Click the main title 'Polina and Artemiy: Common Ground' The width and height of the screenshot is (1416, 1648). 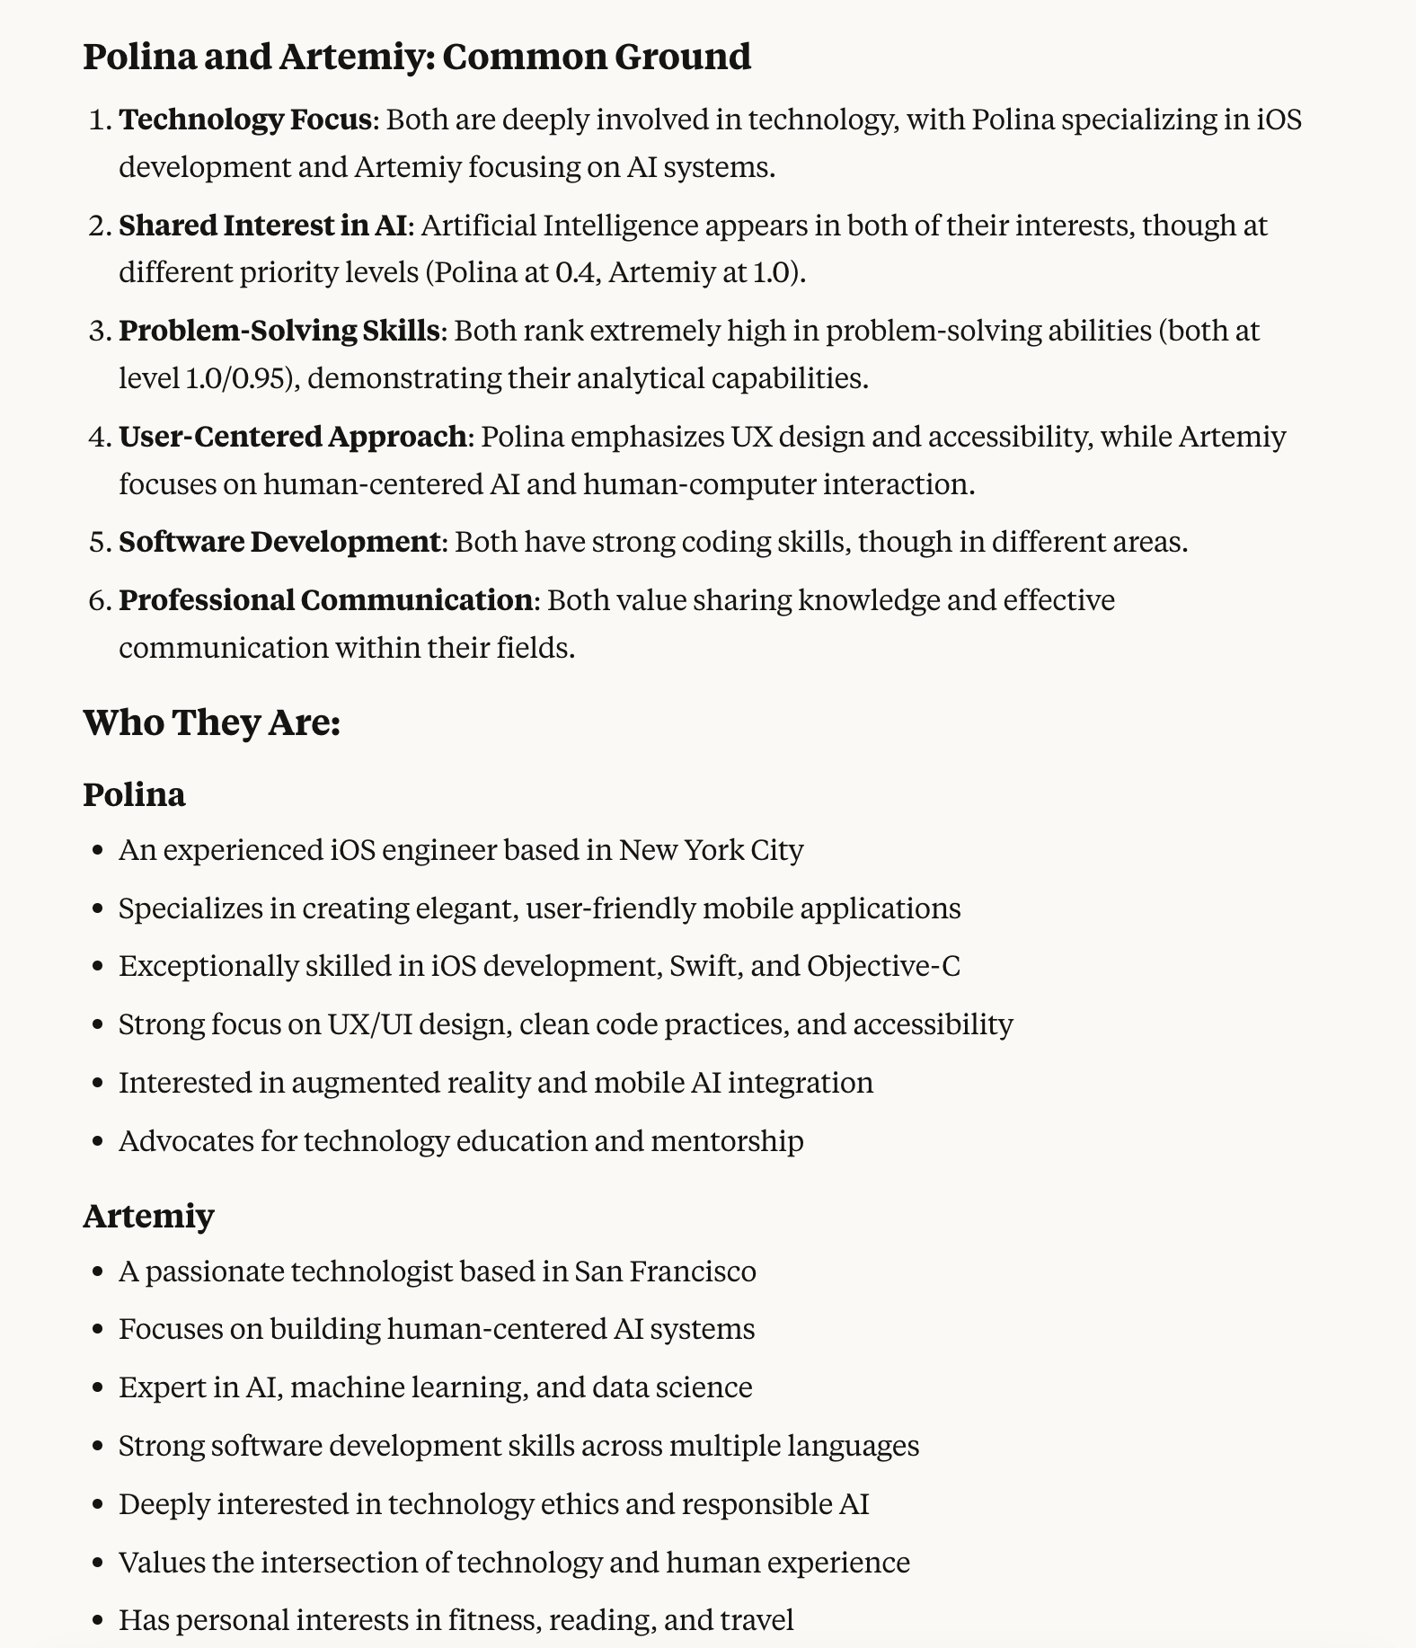[417, 57]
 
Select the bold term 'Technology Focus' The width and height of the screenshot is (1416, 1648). [244, 120]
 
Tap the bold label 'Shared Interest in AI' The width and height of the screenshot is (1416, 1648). [262, 225]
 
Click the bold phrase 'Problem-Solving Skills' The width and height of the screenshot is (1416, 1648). [279, 331]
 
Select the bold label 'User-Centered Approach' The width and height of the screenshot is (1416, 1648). [292, 437]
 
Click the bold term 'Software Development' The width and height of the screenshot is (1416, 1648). [279, 543]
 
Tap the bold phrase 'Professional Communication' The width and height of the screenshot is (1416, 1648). [325, 600]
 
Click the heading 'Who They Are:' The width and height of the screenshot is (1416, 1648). [212, 722]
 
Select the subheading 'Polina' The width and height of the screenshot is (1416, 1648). [135, 794]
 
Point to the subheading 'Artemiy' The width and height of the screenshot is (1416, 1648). [148, 1216]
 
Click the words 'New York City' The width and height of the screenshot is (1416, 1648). [711, 850]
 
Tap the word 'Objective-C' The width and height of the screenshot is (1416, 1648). [883, 966]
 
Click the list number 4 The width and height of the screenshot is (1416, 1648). [98, 437]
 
